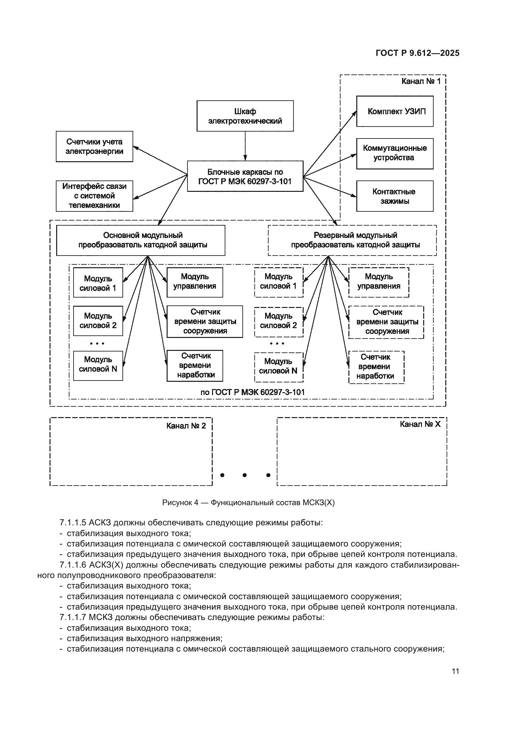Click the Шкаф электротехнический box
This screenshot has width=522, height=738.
[245, 116]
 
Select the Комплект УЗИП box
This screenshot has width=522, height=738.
[395, 111]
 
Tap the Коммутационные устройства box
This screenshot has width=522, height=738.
[395, 154]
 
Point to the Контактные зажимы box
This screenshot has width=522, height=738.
[395, 196]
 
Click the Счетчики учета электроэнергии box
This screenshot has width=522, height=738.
[94, 147]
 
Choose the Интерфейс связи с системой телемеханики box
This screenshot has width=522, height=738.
[94, 196]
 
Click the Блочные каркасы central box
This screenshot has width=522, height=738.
[245, 176]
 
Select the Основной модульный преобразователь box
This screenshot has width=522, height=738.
[140, 240]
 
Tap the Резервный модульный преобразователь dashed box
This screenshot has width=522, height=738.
[352, 240]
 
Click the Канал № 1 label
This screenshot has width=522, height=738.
[421, 81]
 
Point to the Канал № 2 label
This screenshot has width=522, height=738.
[186, 426]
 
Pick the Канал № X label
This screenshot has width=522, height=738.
[420, 424]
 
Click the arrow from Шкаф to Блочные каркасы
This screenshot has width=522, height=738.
[245, 146]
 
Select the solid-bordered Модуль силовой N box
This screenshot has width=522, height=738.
[98, 366]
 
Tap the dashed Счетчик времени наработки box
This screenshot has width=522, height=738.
[376, 367]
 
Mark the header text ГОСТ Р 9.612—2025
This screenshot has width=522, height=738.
[417, 53]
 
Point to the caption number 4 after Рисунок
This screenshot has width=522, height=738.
[196, 503]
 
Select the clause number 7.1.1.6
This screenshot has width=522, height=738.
[73, 565]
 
